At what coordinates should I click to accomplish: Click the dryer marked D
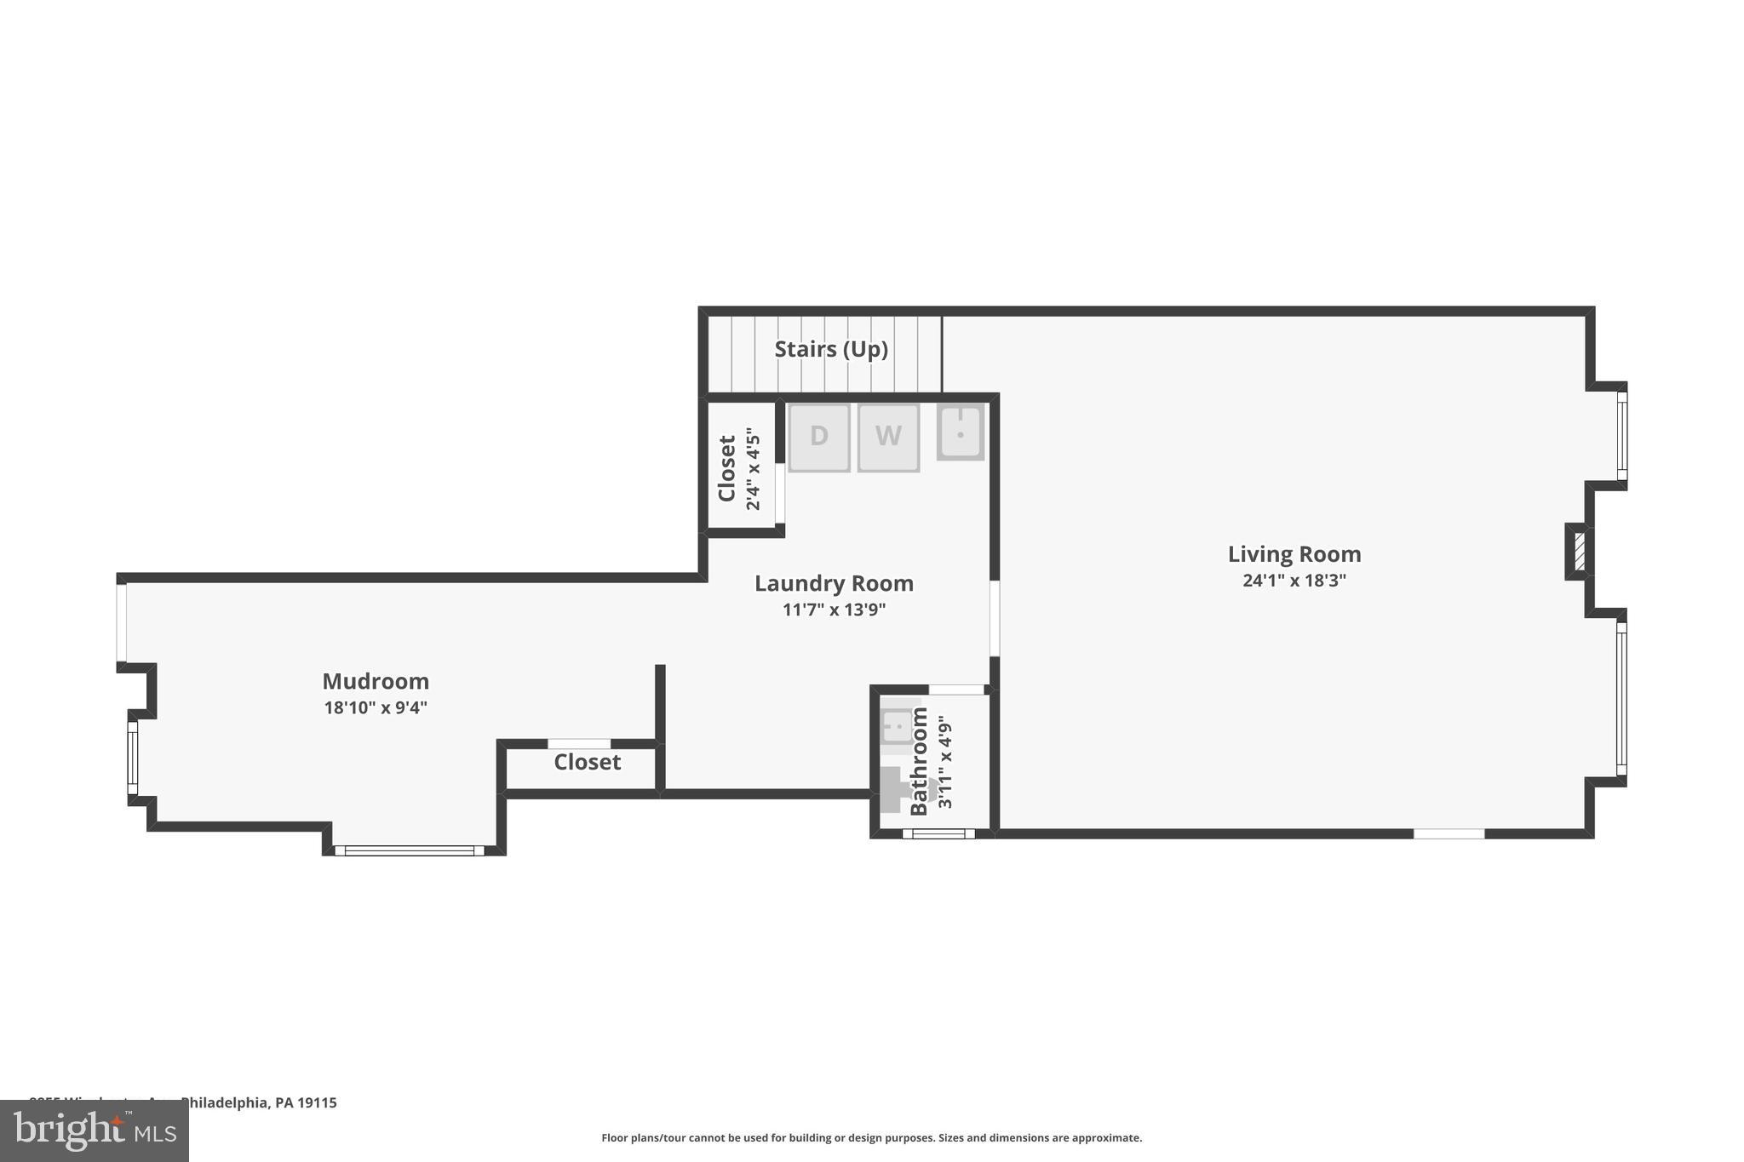818,437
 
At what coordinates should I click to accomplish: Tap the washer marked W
888,437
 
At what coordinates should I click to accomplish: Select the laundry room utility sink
961,432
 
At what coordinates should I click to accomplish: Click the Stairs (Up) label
831,349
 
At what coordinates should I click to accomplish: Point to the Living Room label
1294,554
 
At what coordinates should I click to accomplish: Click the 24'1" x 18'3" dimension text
1294,581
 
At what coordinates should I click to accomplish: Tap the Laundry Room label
834,583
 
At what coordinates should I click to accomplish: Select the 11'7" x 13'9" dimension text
834,610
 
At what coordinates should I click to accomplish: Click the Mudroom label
376,681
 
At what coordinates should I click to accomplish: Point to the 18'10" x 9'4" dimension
376,707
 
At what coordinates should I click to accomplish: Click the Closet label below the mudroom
587,762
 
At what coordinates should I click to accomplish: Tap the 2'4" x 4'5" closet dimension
753,469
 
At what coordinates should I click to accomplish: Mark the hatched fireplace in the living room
1579,551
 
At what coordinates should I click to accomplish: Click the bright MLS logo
95,1131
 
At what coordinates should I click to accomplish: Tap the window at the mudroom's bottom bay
410,850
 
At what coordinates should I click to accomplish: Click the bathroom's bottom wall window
938,833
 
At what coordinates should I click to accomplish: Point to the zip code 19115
317,1102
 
